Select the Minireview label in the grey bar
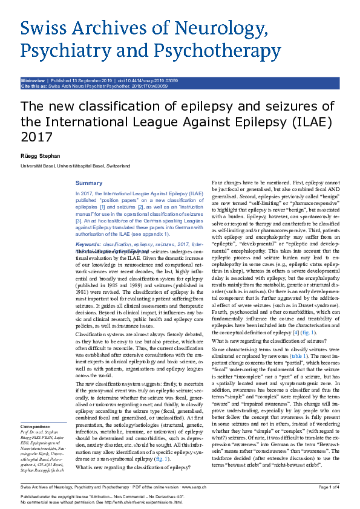34,79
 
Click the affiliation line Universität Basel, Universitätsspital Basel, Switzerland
76,166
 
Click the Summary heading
88,183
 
